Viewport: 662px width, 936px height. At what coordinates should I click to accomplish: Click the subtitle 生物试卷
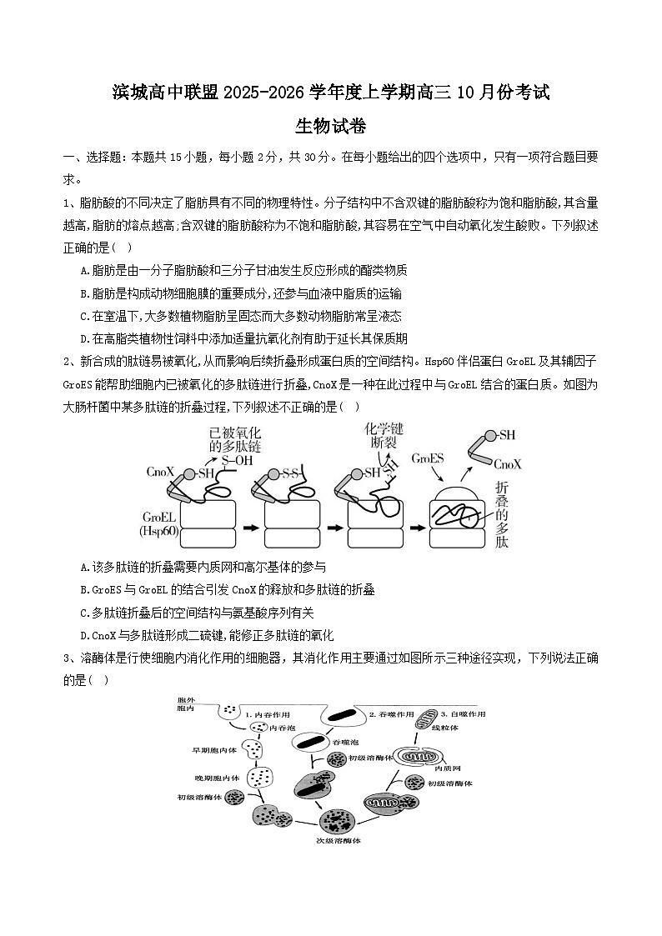pos(331,127)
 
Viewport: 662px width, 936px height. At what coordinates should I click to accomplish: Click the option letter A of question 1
pos(84,270)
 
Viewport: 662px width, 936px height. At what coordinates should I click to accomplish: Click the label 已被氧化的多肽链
pos(234,440)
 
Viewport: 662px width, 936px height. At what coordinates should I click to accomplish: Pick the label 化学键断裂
pos(384,435)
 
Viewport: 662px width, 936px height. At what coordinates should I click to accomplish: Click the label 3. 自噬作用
pos(463,714)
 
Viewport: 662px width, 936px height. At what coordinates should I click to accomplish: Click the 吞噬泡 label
pos(345,741)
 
